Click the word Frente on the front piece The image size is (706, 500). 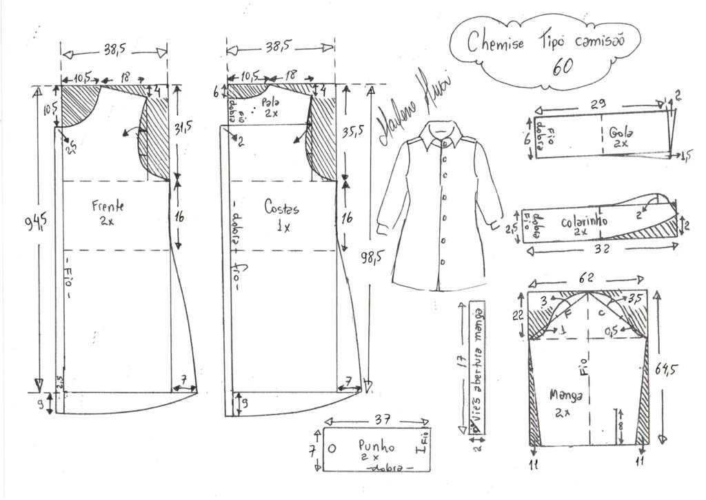pos(108,205)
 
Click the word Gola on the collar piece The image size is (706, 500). pos(625,133)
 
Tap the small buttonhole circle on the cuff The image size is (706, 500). pos(333,447)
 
